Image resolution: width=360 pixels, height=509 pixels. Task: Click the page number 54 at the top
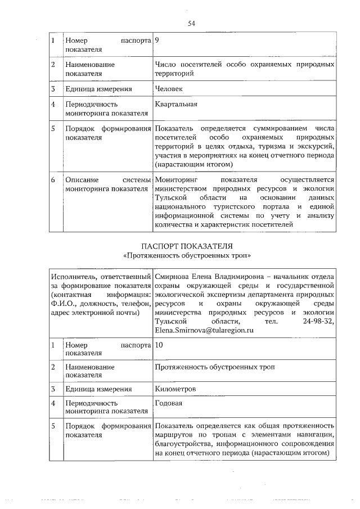click(x=191, y=23)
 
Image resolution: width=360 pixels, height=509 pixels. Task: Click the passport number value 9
click(x=157, y=40)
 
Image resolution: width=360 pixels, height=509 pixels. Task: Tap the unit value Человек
click(x=169, y=88)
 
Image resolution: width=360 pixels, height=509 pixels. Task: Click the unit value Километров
click(x=175, y=388)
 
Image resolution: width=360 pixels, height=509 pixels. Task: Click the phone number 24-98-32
click(x=319, y=322)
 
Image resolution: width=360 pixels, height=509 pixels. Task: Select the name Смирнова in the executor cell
click(x=173, y=276)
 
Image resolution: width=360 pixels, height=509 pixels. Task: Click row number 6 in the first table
click(x=53, y=179)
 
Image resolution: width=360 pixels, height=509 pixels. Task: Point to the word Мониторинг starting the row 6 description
click(x=177, y=179)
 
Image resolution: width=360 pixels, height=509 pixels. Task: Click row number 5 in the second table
click(x=53, y=426)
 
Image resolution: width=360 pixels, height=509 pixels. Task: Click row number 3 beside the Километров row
click(x=53, y=388)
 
